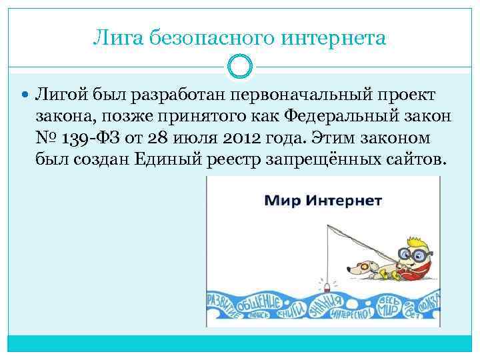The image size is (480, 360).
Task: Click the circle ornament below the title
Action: (x=240, y=67)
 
